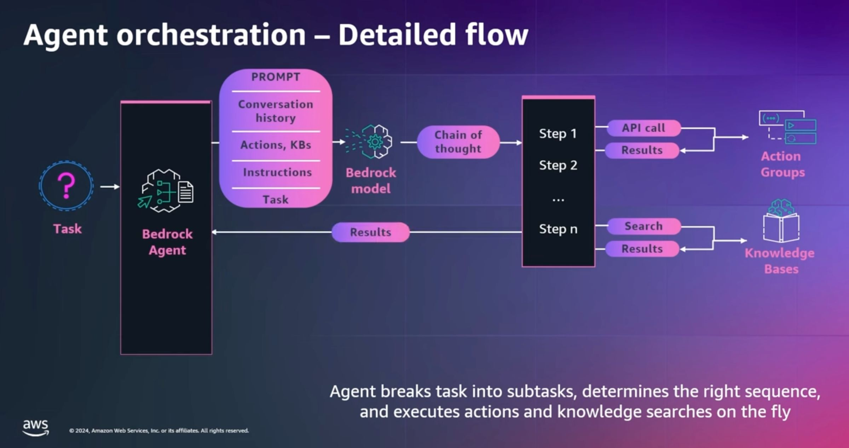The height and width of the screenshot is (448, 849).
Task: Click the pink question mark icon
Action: point(66,186)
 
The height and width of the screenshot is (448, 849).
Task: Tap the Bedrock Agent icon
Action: point(166,191)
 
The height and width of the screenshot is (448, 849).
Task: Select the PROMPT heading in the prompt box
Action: point(276,77)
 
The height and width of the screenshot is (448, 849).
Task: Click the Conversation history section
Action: point(276,111)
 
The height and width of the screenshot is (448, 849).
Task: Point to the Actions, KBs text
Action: point(276,145)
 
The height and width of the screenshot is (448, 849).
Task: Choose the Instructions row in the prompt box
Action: point(277,172)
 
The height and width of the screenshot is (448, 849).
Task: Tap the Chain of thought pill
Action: point(458,142)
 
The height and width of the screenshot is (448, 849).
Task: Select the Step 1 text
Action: point(558,133)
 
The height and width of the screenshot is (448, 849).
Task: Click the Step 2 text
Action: point(558,165)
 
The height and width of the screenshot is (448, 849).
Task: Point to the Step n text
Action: point(558,229)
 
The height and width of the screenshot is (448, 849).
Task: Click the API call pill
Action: point(644,128)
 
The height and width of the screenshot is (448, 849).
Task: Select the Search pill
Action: point(644,226)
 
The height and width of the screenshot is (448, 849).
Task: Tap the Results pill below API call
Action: point(642,150)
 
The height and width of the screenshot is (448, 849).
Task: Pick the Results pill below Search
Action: point(642,249)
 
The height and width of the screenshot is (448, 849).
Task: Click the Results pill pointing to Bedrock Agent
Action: point(370,232)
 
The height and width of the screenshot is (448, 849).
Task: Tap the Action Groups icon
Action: point(787,127)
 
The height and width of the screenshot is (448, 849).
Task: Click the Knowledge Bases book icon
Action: point(781,221)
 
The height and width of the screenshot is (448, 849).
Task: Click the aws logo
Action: point(35,427)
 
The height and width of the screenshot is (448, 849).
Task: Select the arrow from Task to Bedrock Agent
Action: point(110,186)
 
